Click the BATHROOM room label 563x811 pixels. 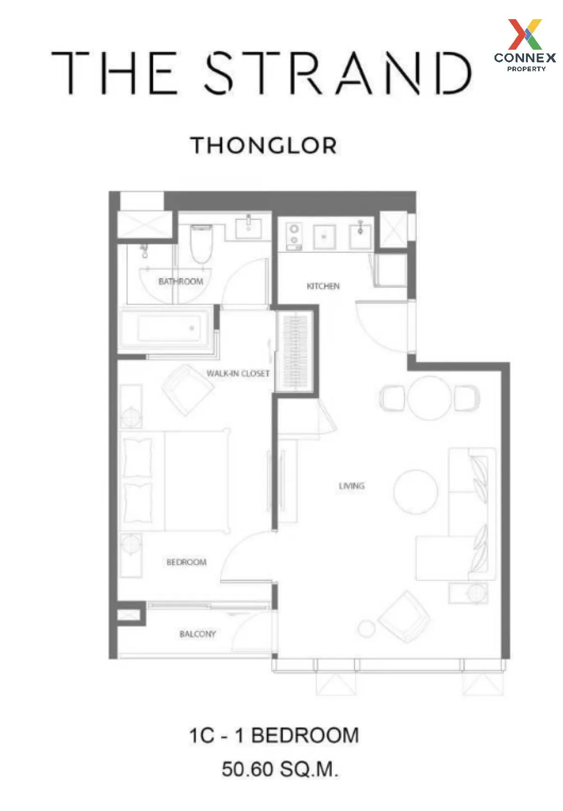(x=181, y=281)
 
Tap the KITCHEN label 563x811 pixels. (x=323, y=286)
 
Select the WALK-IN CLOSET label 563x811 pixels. (x=238, y=374)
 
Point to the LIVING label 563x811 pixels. (x=351, y=486)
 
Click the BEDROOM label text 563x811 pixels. (x=186, y=562)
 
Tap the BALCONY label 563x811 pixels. (x=198, y=634)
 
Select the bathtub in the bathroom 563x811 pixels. (x=168, y=328)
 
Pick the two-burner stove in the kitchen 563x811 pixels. (x=294, y=234)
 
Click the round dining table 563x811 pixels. (x=429, y=398)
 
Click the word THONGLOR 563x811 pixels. (x=263, y=146)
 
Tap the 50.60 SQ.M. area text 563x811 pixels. (x=280, y=769)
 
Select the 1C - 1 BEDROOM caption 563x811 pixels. (x=274, y=735)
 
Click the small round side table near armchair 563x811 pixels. (x=366, y=629)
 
